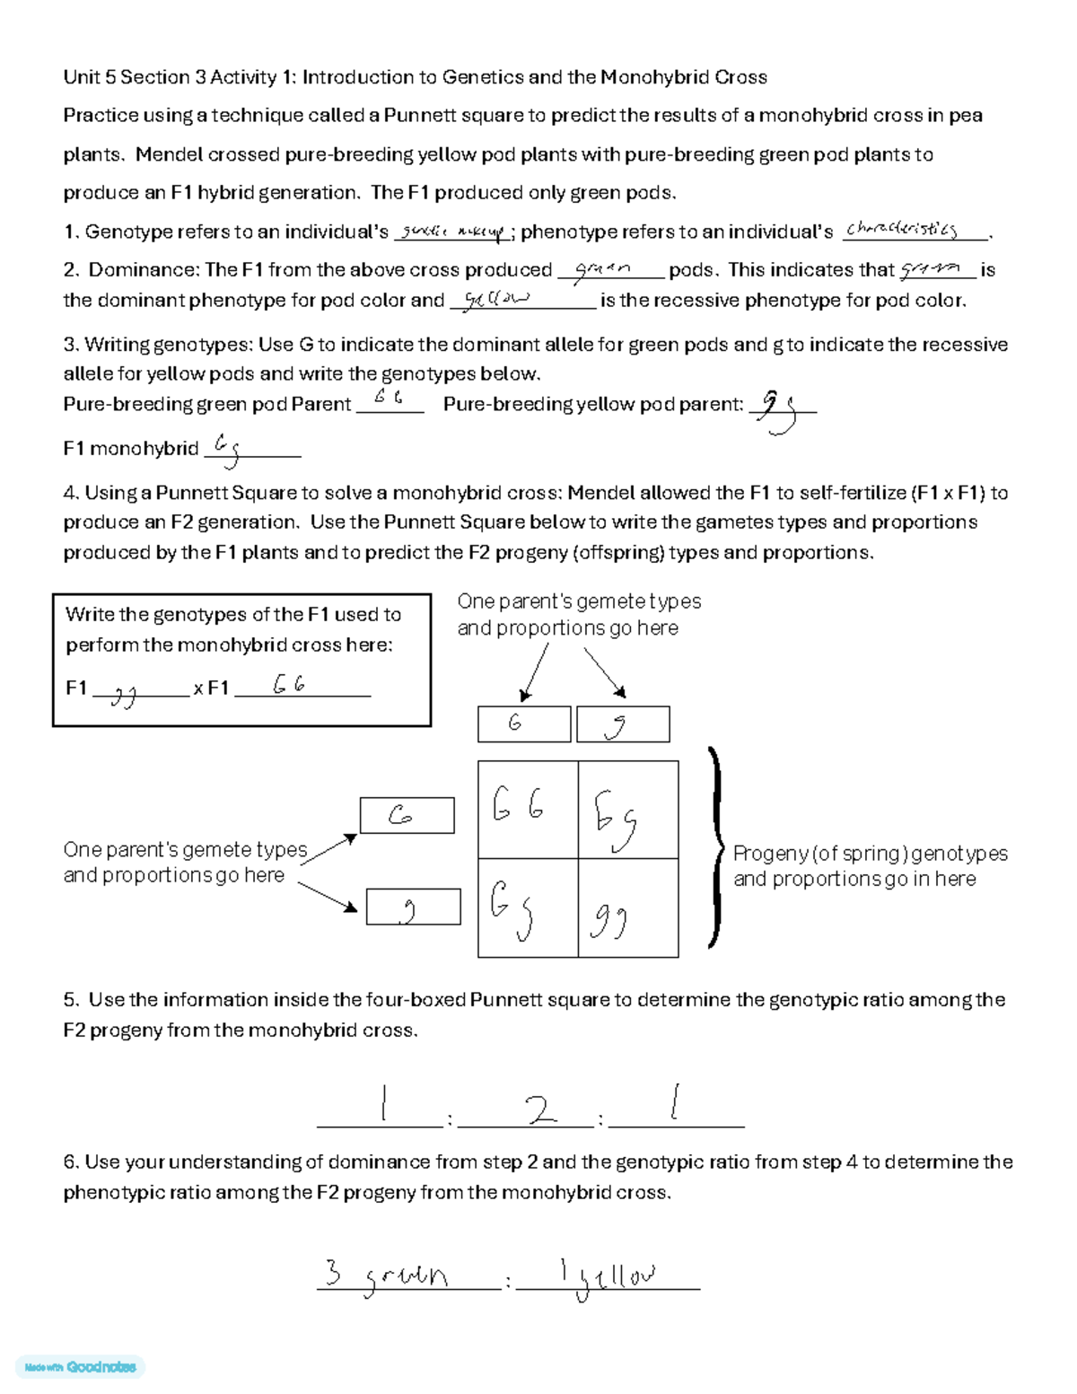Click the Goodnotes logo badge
(x=81, y=1367)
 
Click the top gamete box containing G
(x=524, y=723)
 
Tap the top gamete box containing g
(x=622, y=724)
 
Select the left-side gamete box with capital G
(x=407, y=815)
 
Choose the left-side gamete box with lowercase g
(x=413, y=907)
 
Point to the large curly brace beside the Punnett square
(x=716, y=846)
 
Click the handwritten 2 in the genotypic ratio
(x=540, y=1110)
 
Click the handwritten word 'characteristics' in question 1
(x=902, y=230)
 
